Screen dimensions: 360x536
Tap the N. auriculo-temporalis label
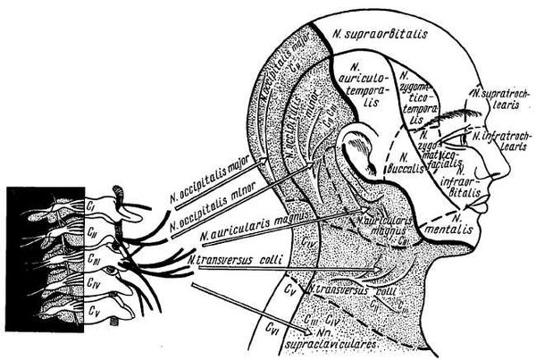pos(363,88)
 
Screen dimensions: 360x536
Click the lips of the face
pos(490,215)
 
